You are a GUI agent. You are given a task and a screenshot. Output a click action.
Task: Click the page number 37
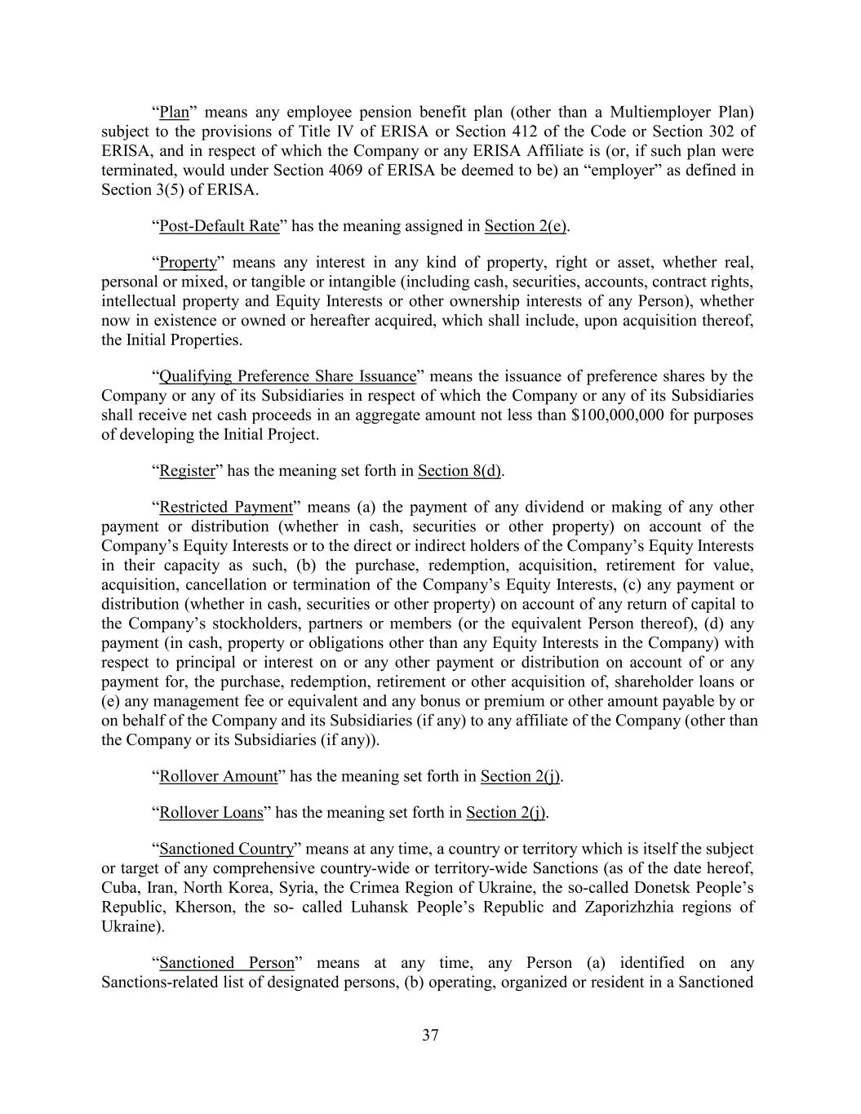[430, 1036]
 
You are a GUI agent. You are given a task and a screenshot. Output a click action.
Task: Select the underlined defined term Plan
[174, 112]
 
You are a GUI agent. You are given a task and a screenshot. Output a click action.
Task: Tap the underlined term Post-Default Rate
[219, 226]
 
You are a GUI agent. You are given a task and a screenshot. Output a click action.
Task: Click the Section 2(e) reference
[526, 226]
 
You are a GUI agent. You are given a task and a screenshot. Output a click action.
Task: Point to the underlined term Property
[188, 263]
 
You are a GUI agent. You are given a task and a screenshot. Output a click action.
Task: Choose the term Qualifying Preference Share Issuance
[287, 376]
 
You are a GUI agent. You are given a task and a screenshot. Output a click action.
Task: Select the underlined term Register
[187, 471]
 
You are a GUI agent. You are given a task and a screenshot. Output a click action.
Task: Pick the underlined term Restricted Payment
[225, 508]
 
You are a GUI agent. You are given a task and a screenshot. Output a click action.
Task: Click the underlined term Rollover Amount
[218, 776]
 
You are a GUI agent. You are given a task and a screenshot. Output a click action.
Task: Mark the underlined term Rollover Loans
[211, 813]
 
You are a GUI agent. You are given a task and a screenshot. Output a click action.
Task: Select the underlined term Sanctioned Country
[226, 850]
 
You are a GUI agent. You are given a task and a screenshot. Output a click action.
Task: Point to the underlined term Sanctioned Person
[226, 963]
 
